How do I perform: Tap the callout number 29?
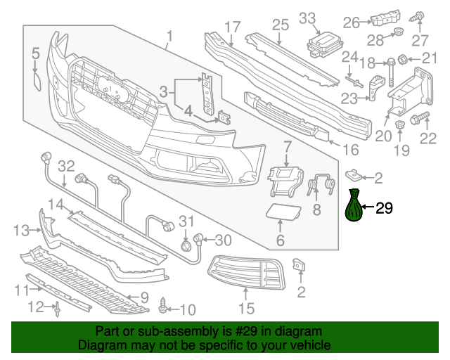[x=385, y=208]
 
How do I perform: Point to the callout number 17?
[x=233, y=27]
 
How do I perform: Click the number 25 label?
[x=281, y=26]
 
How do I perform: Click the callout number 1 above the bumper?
[x=169, y=35]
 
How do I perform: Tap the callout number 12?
[x=35, y=306]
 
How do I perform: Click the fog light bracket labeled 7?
[x=285, y=179]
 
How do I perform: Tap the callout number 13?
[x=21, y=230]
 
